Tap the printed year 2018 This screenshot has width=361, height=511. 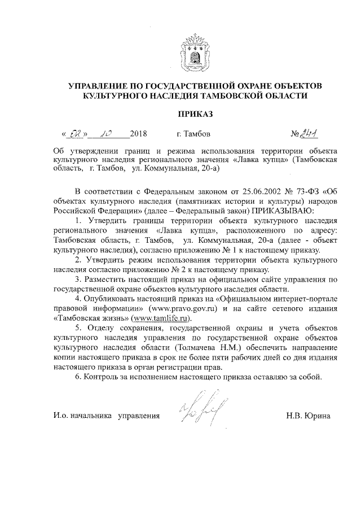[138, 135]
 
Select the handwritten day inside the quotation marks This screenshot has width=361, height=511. [74, 134]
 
